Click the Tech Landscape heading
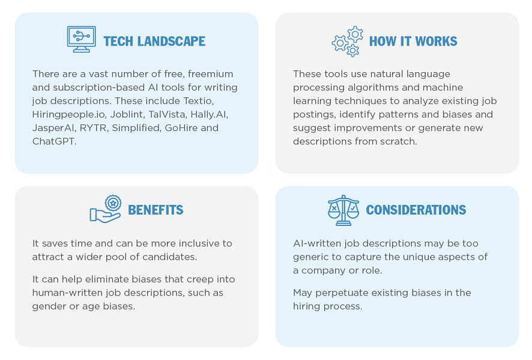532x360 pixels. click(154, 41)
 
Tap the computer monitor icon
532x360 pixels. click(82, 40)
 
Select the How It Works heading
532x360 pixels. click(413, 41)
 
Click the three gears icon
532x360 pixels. click(348, 41)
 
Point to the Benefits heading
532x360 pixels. click(156, 210)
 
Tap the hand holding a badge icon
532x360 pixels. click(106, 209)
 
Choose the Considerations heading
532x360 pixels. click(416, 210)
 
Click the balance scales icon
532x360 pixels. click(343, 210)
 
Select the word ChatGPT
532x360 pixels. click(54, 141)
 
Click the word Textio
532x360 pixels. click(199, 101)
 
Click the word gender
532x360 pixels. click(49, 307)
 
